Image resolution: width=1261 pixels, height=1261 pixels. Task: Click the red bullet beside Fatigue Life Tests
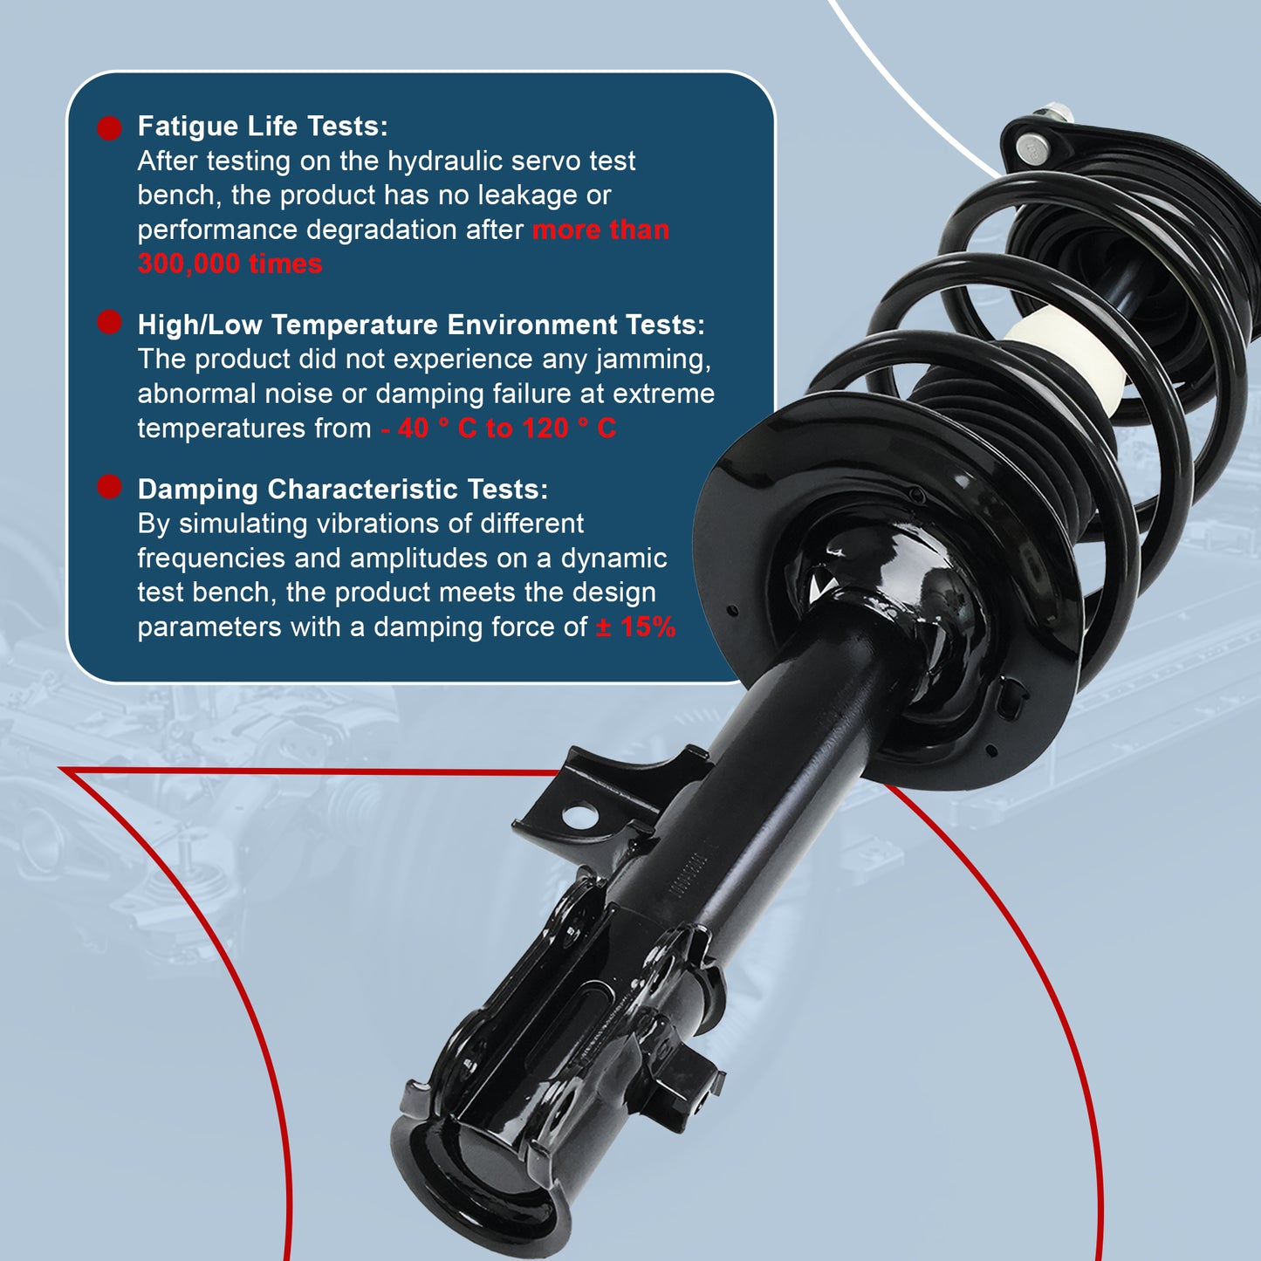point(109,128)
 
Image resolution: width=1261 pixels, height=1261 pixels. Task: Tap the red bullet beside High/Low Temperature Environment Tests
point(109,322)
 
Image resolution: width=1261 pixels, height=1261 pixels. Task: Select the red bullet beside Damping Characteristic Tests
point(109,486)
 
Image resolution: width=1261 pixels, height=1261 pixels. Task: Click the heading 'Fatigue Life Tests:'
point(263,127)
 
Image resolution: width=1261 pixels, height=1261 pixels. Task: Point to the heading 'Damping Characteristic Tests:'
point(342,490)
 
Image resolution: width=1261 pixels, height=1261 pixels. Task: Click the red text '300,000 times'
point(230,264)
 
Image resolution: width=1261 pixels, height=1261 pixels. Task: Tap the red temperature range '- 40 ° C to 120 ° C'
point(498,428)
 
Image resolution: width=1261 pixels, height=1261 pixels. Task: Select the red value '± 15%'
point(635,627)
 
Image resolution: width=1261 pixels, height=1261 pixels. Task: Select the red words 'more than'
point(600,230)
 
